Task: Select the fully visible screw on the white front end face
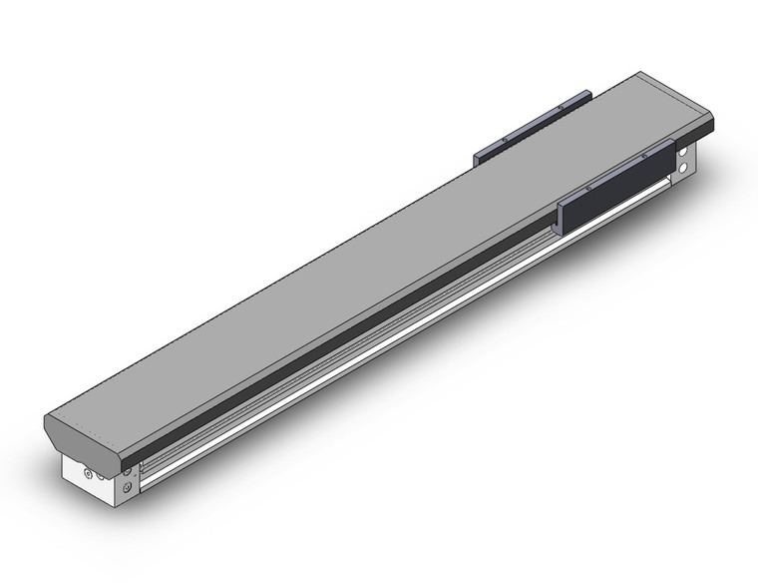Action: (x=89, y=473)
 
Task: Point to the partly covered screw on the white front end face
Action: (x=100, y=477)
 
